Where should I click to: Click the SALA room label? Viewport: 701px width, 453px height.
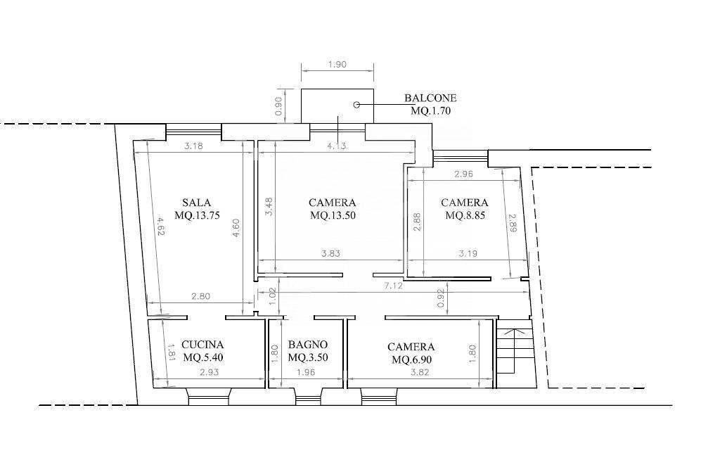pyautogui.click(x=196, y=202)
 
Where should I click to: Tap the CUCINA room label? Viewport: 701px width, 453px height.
pyautogui.click(x=202, y=345)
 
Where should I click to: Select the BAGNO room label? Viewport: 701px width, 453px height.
pyautogui.click(x=307, y=345)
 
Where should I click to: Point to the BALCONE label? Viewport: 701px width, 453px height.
pyautogui.click(x=430, y=98)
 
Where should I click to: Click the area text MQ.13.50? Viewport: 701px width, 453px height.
pyautogui.click(x=333, y=215)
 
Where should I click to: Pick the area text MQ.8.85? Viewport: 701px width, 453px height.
pyautogui.click(x=465, y=215)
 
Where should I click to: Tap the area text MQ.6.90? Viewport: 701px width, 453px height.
pyautogui.click(x=411, y=359)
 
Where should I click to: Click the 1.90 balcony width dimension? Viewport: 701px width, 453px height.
pyautogui.click(x=337, y=65)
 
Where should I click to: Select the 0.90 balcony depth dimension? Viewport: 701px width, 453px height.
pyautogui.click(x=279, y=106)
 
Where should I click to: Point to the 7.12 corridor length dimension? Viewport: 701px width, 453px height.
pyautogui.click(x=394, y=286)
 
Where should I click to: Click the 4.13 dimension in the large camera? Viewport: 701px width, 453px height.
pyautogui.click(x=336, y=146)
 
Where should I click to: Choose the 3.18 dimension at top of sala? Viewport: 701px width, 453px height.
pyautogui.click(x=193, y=146)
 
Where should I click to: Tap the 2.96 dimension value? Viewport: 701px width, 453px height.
pyautogui.click(x=463, y=174)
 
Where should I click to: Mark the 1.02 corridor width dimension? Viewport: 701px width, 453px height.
pyautogui.click(x=274, y=296)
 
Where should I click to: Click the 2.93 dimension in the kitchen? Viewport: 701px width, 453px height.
pyautogui.click(x=209, y=372)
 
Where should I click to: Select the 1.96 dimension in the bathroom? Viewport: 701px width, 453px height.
pyautogui.click(x=306, y=372)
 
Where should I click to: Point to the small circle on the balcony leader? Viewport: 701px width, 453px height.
pyautogui.click(x=356, y=105)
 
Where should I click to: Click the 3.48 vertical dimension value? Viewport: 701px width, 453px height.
pyautogui.click(x=269, y=207)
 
